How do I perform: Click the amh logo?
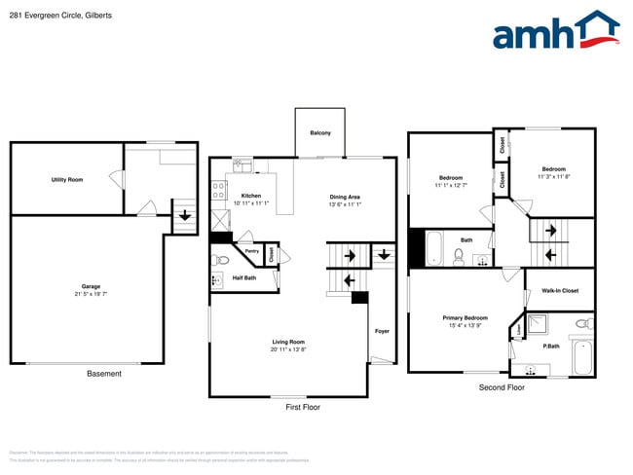click(x=555, y=31)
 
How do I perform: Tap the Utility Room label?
click(x=67, y=180)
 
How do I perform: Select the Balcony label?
click(x=320, y=132)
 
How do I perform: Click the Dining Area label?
click(x=345, y=197)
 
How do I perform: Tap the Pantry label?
click(x=251, y=251)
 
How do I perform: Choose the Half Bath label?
click(x=244, y=278)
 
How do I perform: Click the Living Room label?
click(x=288, y=342)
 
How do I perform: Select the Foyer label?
click(x=382, y=331)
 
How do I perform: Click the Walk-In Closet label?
click(x=560, y=290)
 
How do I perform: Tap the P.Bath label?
click(x=550, y=347)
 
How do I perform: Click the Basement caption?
click(x=104, y=374)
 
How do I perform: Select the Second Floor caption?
click(x=502, y=387)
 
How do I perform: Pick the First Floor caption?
click(x=302, y=407)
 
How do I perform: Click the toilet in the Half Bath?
click(x=221, y=260)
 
